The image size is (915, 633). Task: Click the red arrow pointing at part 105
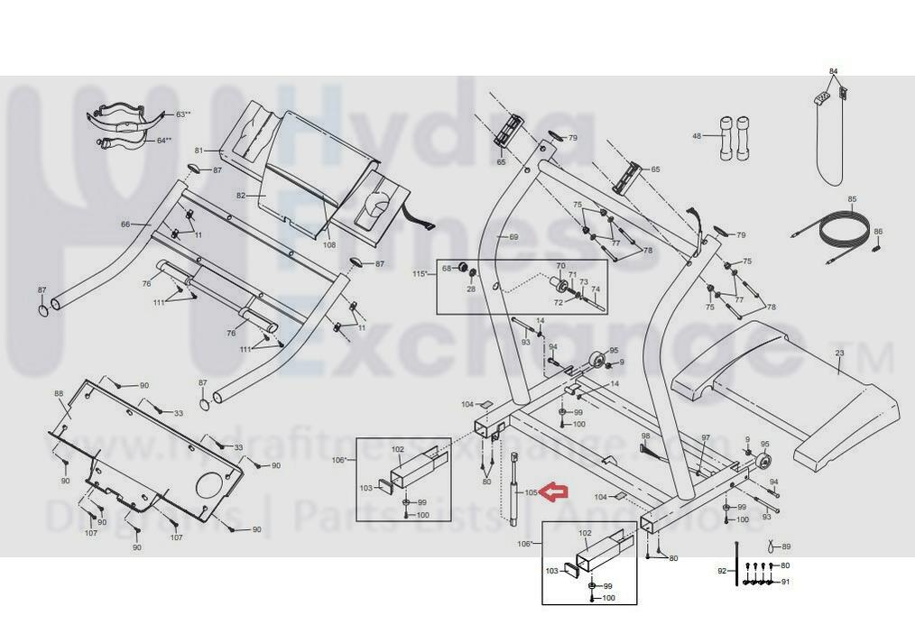556,491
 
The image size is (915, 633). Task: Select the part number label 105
531,492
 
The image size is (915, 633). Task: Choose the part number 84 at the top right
833,71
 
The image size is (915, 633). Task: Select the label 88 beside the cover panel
59,393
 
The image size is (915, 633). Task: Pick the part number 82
241,195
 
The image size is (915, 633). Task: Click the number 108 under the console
328,244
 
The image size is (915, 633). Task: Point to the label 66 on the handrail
125,224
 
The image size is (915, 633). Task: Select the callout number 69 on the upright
513,237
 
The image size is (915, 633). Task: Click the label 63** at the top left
183,115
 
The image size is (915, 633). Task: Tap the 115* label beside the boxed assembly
420,274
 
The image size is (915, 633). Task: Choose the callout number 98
644,436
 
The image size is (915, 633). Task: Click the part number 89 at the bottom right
785,546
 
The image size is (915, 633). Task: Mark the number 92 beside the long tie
721,571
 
